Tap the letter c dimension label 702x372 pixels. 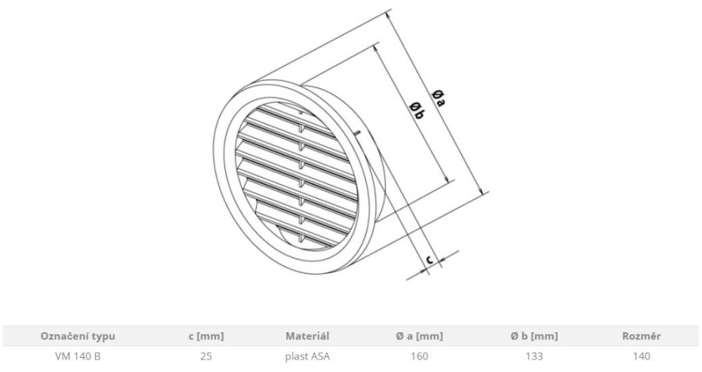coord(429,259)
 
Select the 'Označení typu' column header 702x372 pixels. coord(78,336)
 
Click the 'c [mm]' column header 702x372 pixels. coord(206,336)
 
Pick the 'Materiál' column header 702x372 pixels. coord(307,336)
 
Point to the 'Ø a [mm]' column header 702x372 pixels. coord(419,336)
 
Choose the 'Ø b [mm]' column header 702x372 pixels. coord(534,336)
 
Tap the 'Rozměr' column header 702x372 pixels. coord(642,336)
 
